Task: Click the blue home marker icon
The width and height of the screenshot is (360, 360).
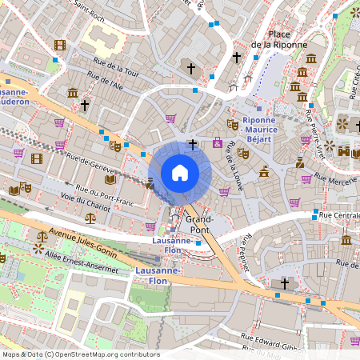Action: click(x=180, y=173)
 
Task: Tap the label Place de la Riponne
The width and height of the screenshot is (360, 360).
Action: click(x=279, y=39)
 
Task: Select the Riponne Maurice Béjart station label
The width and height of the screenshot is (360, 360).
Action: click(x=255, y=129)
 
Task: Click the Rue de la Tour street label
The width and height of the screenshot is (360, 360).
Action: click(x=117, y=70)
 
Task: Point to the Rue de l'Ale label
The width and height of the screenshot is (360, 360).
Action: click(x=106, y=82)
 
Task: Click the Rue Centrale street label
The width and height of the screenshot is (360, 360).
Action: click(x=338, y=215)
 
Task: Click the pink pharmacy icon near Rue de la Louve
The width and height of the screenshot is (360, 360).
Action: click(x=218, y=142)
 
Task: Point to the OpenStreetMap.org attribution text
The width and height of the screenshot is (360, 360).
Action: click(x=81, y=354)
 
